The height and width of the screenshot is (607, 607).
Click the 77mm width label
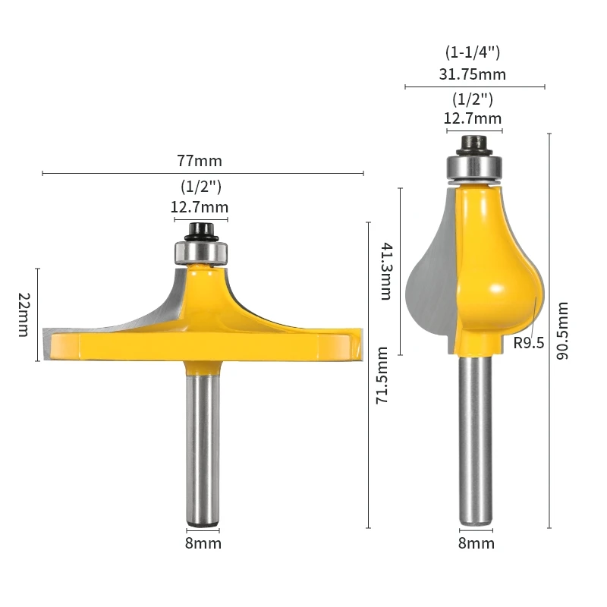tap(200, 161)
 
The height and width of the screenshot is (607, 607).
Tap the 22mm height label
tap(24, 314)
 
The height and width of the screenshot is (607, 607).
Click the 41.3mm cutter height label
tap(385, 271)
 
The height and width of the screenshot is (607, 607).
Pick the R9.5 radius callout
tap(529, 342)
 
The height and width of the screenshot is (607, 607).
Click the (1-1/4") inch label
tap(472, 52)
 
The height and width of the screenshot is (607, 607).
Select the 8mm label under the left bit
tap(203, 543)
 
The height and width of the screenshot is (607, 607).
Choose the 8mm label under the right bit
tap(476, 543)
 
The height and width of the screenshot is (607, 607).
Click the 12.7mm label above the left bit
tap(200, 207)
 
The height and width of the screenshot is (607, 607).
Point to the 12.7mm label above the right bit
tap(473, 118)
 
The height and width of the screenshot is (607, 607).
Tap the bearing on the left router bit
tap(201, 250)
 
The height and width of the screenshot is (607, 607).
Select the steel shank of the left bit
tap(203, 448)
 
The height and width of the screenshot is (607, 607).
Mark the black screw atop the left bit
tap(201, 229)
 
